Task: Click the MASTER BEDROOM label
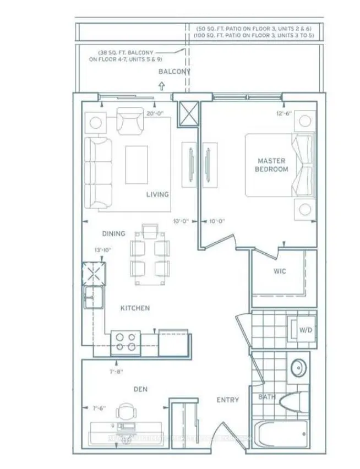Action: tap(271, 165)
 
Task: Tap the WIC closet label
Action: tap(279, 271)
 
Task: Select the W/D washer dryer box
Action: tap(306, 331)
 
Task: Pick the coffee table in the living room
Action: tap(137, 164)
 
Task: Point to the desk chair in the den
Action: tap(127, 412)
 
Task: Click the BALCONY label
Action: tap(174, 72)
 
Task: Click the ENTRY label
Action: tap(227, 400)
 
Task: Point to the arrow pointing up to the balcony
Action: tap(161, 85)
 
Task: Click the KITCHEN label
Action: tap(135, 308)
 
